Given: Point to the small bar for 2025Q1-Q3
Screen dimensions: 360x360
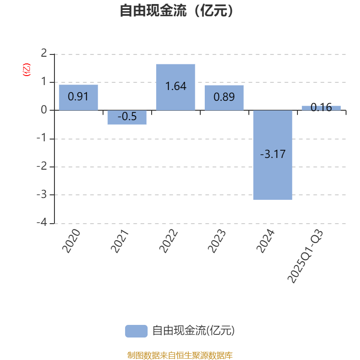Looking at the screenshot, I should tap(321, 108).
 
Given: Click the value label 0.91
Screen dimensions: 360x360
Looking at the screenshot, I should tap(78, 97).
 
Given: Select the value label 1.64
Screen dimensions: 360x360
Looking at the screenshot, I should tap(175, 86).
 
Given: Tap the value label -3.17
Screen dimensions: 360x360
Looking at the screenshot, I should tap(273, 154).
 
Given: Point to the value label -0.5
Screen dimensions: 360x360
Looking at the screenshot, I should tap(127, 117).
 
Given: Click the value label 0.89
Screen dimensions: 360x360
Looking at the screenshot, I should tap(224, 97).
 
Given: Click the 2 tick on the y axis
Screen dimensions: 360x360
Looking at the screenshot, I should tap(44, 54).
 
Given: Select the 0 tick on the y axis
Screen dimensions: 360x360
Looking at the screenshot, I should tap(44, 110).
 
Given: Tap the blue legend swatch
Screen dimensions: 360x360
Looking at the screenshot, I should tap(136, 331).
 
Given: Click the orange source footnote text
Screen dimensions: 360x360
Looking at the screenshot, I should tap(180, 355).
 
